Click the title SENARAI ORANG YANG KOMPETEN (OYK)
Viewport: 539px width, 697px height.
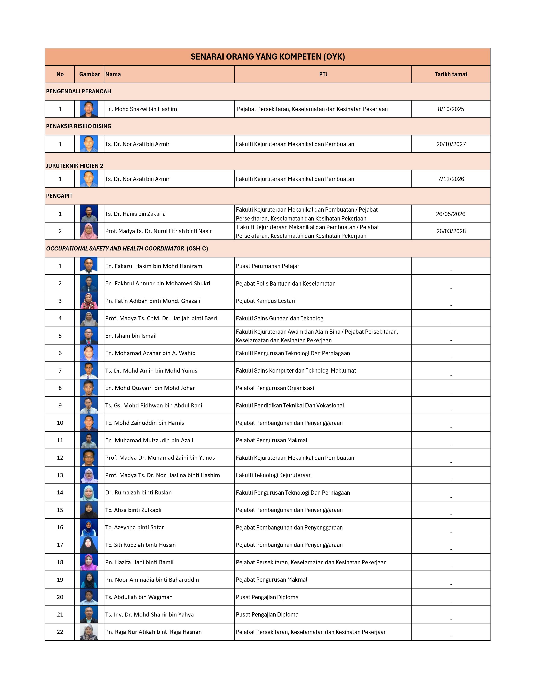[x=268, y=57]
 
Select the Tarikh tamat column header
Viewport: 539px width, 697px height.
[x=451, y=74]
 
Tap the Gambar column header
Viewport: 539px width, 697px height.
[x=89, y=74]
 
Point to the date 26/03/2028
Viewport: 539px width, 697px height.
[x=451, y=231]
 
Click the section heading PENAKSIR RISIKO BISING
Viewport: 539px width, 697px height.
[x=79, y=126]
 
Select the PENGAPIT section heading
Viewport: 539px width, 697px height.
[x=59, y=196]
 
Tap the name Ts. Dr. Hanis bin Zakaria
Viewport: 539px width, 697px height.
[x=135, y=214]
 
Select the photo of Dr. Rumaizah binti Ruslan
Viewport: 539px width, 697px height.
[x=89, y=492]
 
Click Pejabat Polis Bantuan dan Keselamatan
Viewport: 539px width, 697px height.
[x=286, y=283]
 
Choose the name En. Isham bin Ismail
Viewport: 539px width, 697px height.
[x=131, y=336]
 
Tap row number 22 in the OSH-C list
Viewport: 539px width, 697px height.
[x=60, y=632]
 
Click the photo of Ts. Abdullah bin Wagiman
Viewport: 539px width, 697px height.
[x=89, y=597]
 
